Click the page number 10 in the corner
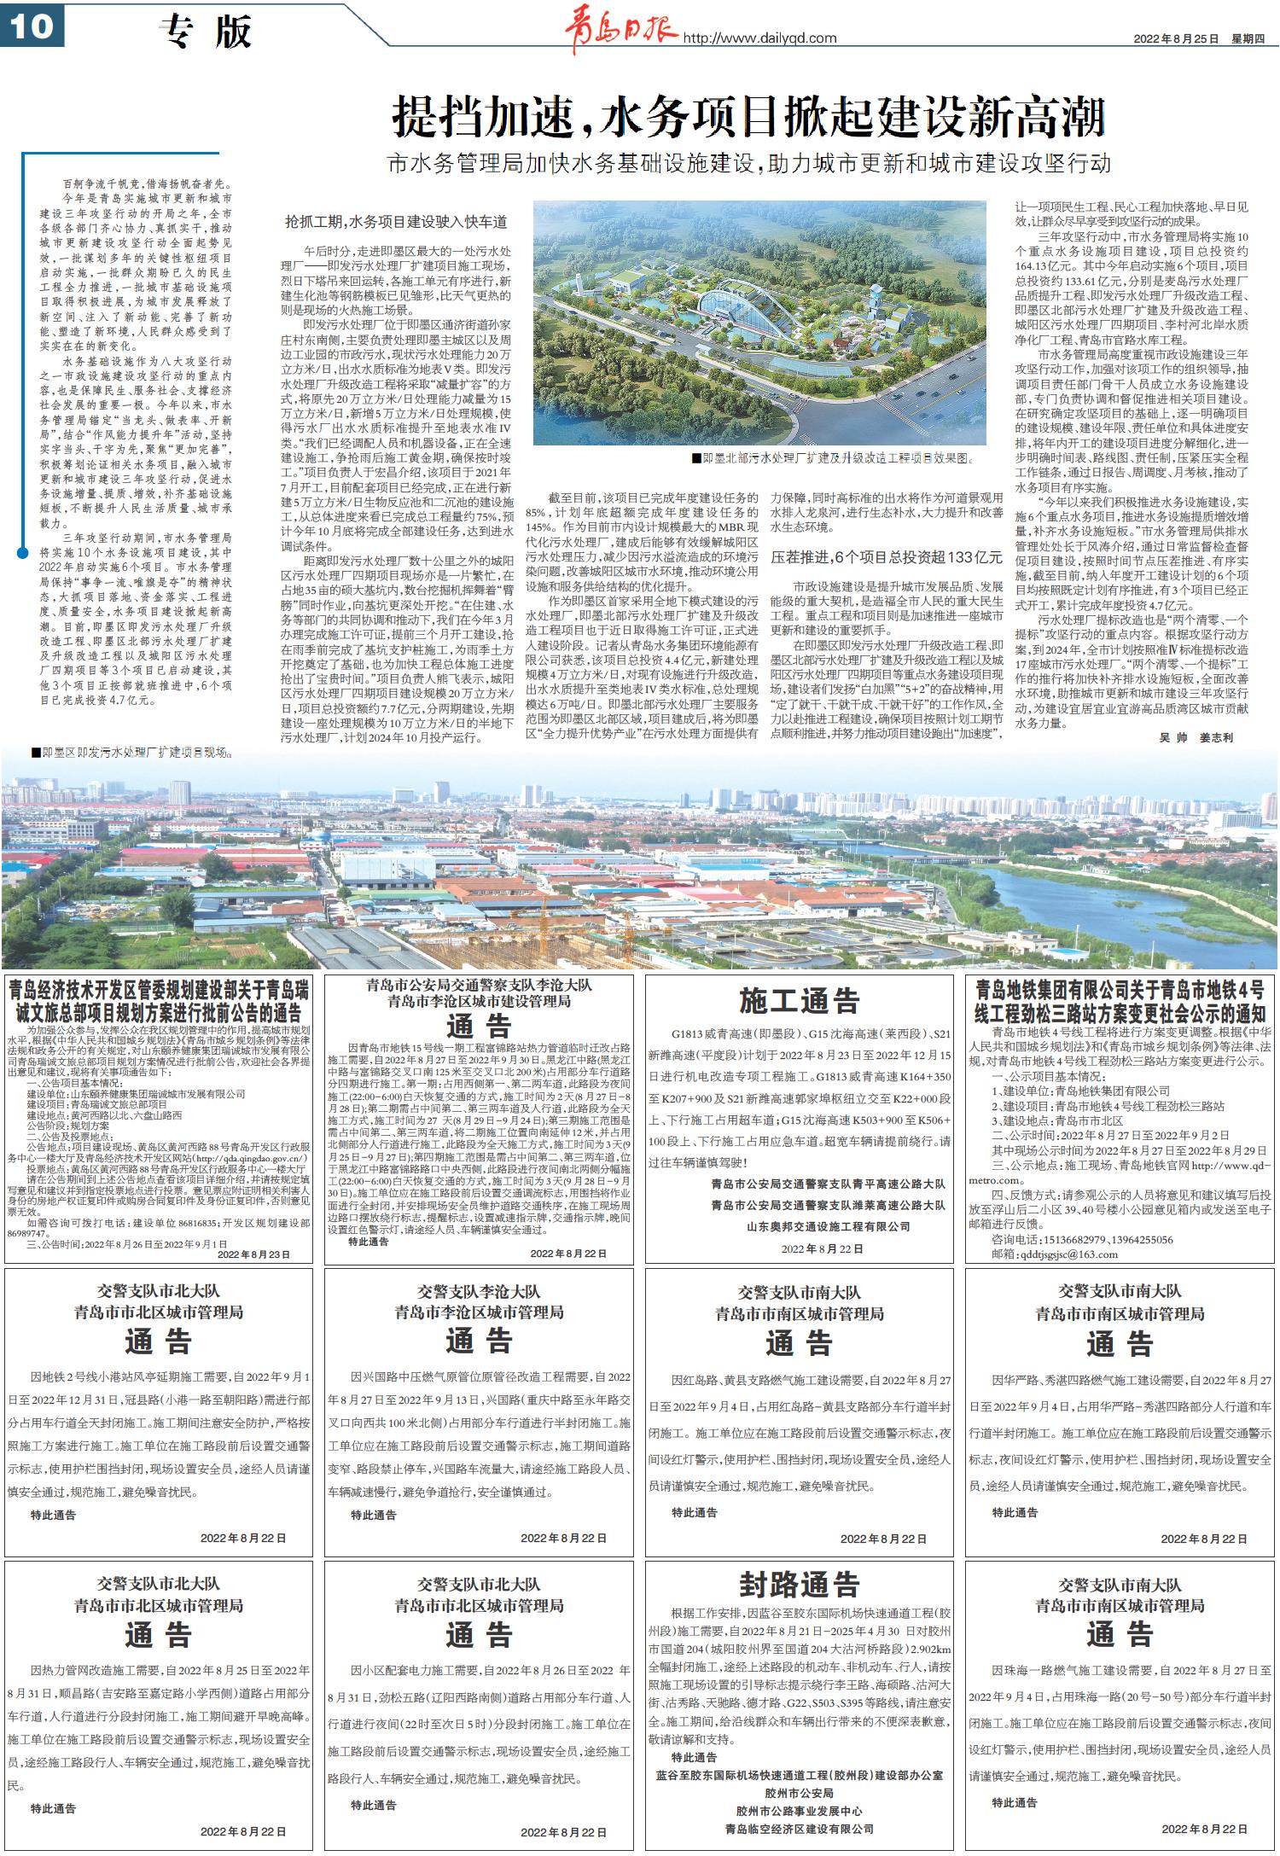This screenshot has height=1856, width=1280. [x=32, y=26]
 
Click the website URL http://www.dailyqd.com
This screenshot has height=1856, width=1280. [x=759, y=38]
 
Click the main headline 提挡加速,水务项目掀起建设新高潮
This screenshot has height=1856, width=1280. [x=748, y=117]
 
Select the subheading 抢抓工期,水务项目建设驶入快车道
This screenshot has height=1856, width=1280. [x=396, y=222]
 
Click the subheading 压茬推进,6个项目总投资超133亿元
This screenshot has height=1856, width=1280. [x=887, y=557]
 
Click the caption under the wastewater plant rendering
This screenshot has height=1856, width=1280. [x=833, y=458]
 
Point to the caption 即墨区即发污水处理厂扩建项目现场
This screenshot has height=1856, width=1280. [x=133, y=753]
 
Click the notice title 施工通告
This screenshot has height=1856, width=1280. [x=799, y=1000]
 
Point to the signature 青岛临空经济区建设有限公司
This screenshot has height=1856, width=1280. [x=799, y=1829]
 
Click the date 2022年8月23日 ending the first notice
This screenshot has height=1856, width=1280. [x=253, y=1254]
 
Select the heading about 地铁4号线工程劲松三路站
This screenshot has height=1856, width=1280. [x=1120, y=1002]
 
